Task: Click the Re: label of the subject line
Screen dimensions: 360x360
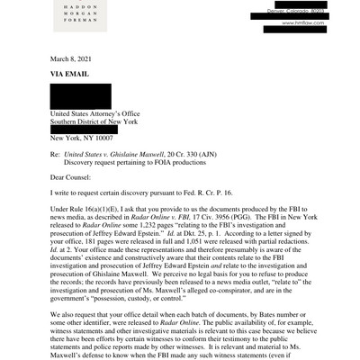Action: point(55,155)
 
